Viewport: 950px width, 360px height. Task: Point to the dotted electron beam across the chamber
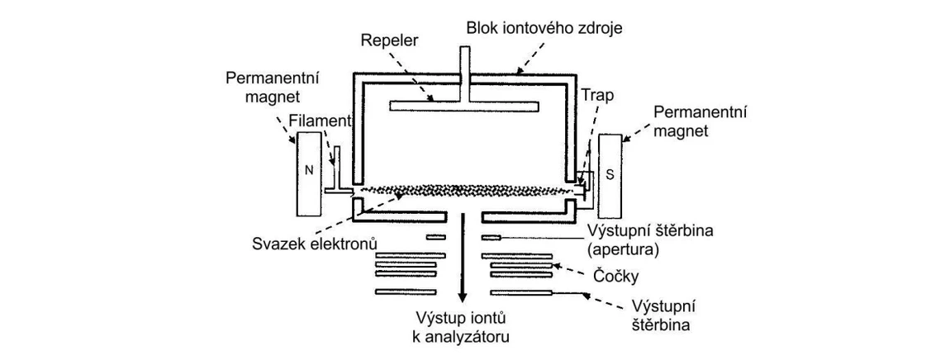[x=463, y=190]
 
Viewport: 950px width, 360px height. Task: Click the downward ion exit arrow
[x=463, y=264]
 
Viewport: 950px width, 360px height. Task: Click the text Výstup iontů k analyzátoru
[x=463, y=327]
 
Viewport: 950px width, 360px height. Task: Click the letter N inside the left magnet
[x=309, y=172]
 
